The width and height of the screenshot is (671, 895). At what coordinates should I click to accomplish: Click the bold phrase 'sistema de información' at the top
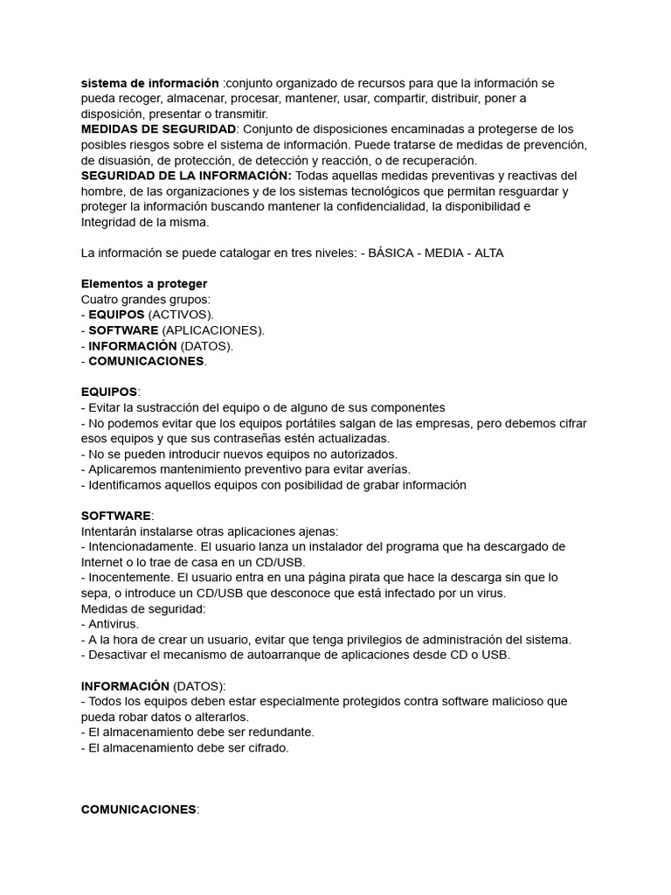click(x=149, y=83)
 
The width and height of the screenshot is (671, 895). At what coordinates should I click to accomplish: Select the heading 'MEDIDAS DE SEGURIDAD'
click(x=158, y=129)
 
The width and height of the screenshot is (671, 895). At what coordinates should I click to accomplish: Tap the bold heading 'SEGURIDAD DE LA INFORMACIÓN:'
click(x=186, y=176)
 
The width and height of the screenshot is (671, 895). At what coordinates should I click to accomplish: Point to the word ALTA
click(x=488, y=253)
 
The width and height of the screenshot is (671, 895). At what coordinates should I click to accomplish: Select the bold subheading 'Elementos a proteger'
click(x=144, y=284)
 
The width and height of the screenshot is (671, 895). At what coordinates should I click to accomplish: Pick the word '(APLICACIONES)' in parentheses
click(x=212, y=330)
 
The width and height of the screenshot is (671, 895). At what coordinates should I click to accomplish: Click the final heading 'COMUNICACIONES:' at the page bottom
click(x=140, y=809)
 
